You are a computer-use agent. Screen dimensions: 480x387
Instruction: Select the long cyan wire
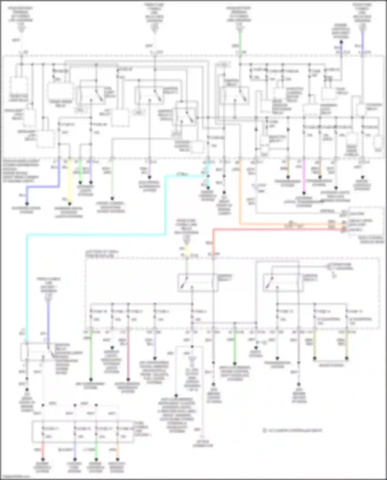95,235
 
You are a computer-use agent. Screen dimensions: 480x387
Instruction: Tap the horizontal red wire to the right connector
279,229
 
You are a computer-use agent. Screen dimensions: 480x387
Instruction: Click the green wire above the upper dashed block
240,41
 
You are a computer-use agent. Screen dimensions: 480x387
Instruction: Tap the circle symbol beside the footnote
264,430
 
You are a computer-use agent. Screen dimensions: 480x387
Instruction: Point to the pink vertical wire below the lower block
128,356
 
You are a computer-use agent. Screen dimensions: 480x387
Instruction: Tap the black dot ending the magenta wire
304,193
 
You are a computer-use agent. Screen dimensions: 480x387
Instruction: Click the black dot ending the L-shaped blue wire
27,204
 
